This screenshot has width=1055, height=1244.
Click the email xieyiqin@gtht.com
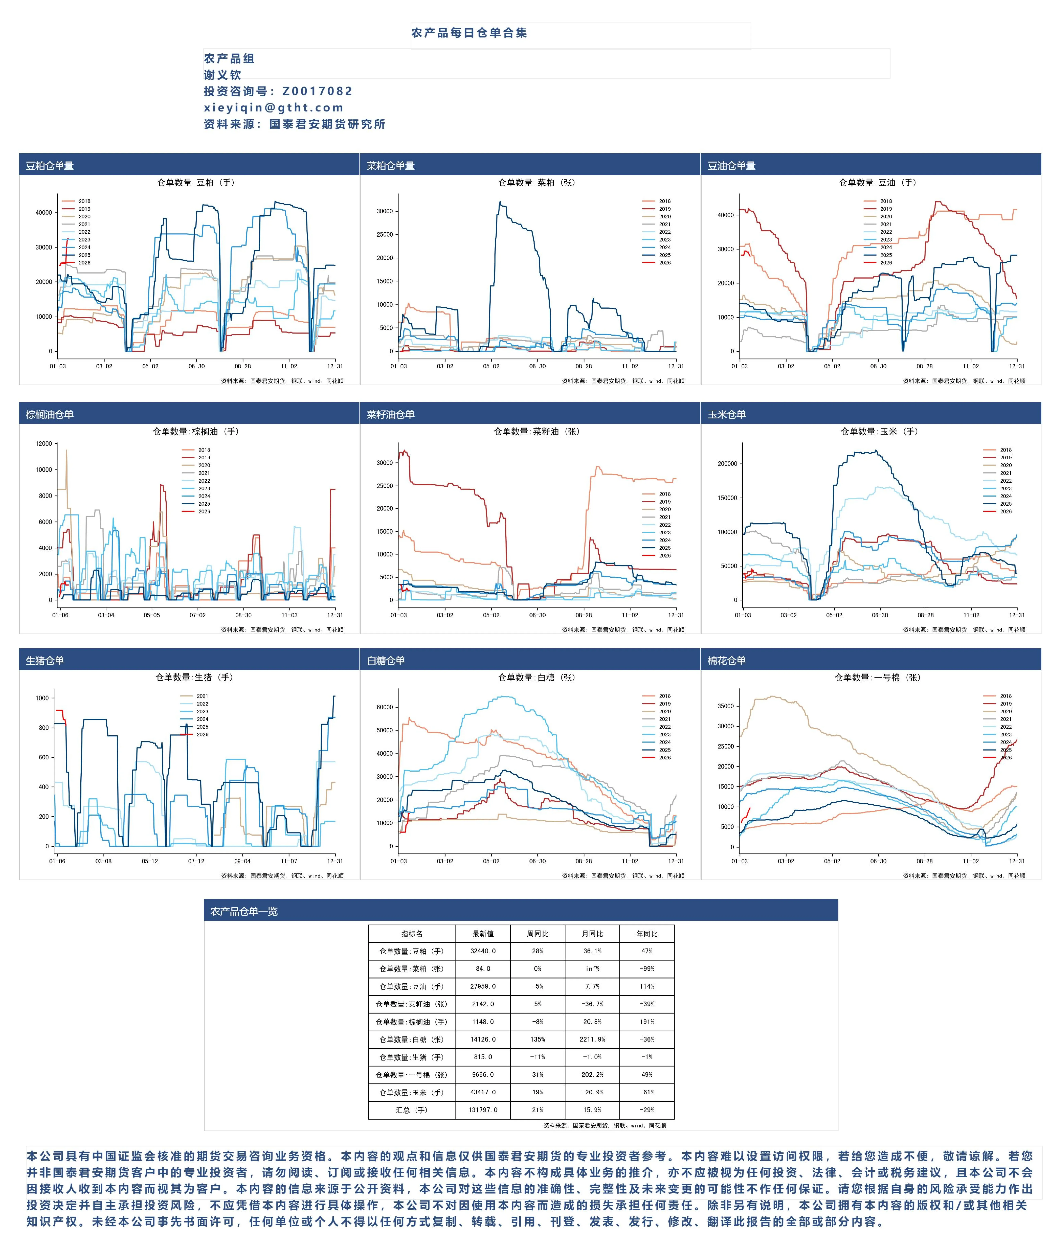[x=274, y=108]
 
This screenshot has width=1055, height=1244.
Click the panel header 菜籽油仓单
[x=391, y=414]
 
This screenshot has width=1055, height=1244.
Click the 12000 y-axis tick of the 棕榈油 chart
[x=44, y=444]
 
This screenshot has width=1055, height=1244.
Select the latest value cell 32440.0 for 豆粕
[x=483, y=951]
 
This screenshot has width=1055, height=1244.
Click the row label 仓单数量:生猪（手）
[x=411, y=1057]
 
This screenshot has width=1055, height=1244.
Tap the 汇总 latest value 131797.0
[x=483, y=1110]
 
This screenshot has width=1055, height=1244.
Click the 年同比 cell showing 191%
[x=647, y=1022]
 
